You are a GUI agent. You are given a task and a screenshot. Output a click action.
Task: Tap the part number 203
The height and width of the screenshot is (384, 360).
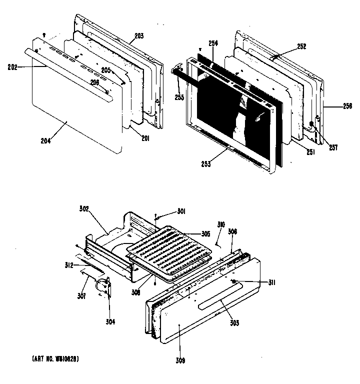(139, 36)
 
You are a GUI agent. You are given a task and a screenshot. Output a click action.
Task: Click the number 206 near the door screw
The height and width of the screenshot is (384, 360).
(94, 82)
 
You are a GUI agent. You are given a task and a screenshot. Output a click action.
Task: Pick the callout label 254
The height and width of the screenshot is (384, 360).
(213, 44)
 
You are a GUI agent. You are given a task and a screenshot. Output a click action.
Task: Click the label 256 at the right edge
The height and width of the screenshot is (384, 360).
(347, 106)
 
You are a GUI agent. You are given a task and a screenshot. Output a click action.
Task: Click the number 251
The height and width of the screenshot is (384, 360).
(310, 152)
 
